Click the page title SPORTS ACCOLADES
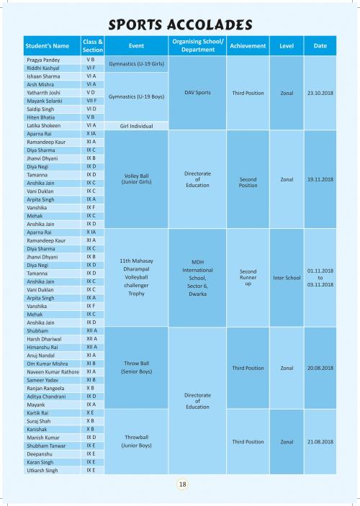[x=180, y=25]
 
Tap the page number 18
[x=182, y=484]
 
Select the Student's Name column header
[x=48, y=46]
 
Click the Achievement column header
[x=248, y=46]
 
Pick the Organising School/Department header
[x=197, y=45]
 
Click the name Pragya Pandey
[x=43, y=60]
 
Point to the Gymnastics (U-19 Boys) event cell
[x=136, y=96]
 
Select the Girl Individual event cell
[x=136, y=126]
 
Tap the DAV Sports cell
[x=197, y=93]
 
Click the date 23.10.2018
[x=320, y=93]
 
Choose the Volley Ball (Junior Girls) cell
[x=136, y=179]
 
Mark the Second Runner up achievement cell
[x=248, y=278]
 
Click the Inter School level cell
[x=287, y=278]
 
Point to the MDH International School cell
[x=197, y=278]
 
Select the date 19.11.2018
[x=320, y=179]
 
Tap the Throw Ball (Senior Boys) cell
[x=136, y=367]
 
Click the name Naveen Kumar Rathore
[x=53, y=371]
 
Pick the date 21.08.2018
[x=320, y=442]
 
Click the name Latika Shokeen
[x=44, y=125]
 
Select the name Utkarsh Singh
[x=42, y=471]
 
